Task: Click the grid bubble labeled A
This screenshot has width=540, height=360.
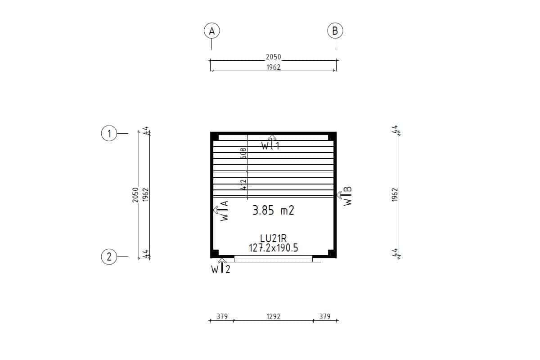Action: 211,31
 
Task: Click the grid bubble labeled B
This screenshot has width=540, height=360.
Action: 335,31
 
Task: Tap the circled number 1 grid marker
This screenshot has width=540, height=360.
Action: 109,133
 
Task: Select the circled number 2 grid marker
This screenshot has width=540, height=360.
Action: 109,257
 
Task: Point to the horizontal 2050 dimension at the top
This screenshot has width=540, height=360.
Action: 274,57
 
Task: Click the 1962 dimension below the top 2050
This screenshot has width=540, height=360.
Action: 274,67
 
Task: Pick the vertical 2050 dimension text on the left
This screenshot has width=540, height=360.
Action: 135,195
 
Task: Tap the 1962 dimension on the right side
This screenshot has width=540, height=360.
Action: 394,194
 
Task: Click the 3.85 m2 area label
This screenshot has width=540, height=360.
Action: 274,210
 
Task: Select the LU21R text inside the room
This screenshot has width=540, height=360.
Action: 274,238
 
